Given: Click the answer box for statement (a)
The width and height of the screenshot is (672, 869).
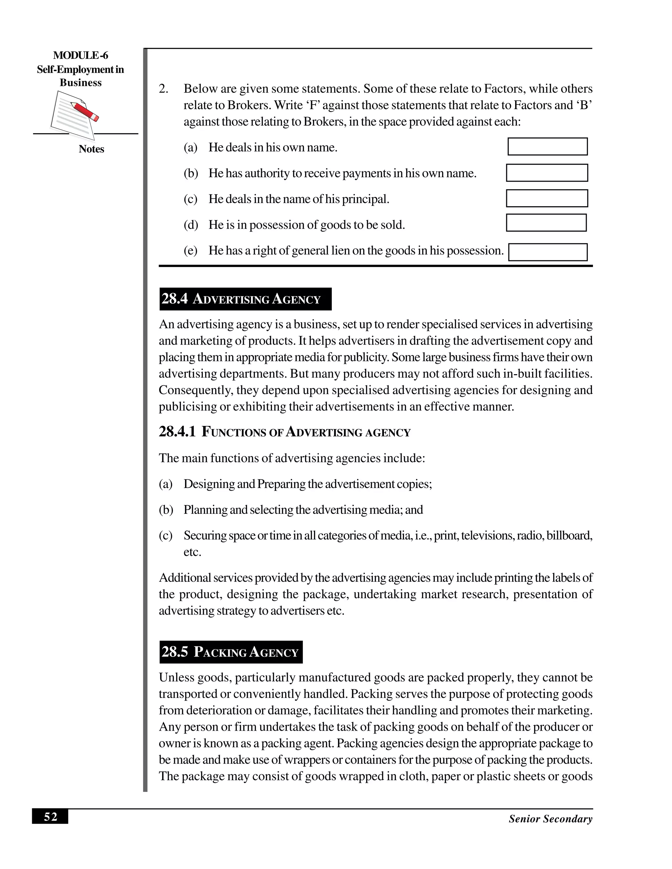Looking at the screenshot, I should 547,147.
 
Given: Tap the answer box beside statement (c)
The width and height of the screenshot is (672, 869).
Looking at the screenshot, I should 547,198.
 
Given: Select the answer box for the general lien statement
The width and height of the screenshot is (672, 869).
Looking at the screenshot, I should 548,252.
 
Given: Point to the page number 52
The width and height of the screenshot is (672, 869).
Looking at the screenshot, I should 50,817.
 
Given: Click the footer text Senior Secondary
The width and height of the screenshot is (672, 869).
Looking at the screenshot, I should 550,819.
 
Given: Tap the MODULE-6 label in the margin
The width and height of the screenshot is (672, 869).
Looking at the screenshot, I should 80,55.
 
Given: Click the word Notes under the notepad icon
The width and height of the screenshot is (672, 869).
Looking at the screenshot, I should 91,149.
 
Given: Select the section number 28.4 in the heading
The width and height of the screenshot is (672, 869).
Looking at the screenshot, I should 174,299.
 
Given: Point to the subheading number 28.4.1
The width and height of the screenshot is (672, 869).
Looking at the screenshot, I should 177,432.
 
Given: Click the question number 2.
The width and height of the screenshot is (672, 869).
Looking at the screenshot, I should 163,89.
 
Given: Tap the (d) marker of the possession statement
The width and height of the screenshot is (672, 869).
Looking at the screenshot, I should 191,225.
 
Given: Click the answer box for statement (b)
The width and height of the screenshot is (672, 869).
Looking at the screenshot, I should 547,173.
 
